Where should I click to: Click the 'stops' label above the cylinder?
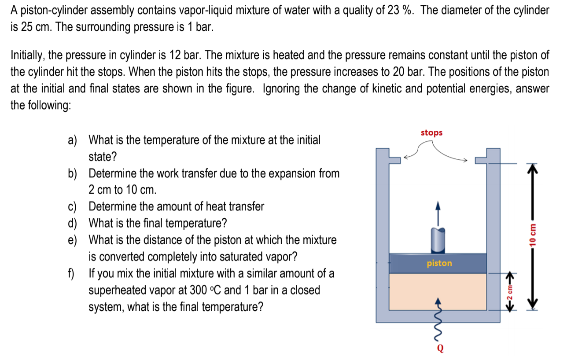(x=431, y=132)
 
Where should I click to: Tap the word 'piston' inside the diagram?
(x=439, y=263)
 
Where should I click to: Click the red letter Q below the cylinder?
(x=440, y=349)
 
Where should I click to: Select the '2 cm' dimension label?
(x=509, y=293)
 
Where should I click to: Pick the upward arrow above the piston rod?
(x=437, y=213)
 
